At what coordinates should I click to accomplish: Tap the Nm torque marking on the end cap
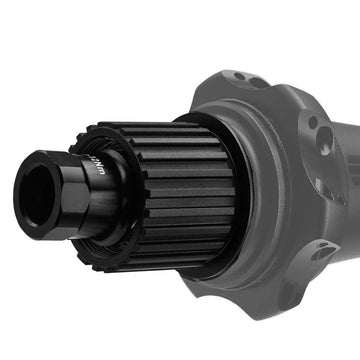point(98,166)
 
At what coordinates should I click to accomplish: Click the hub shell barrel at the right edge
point(345,200)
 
